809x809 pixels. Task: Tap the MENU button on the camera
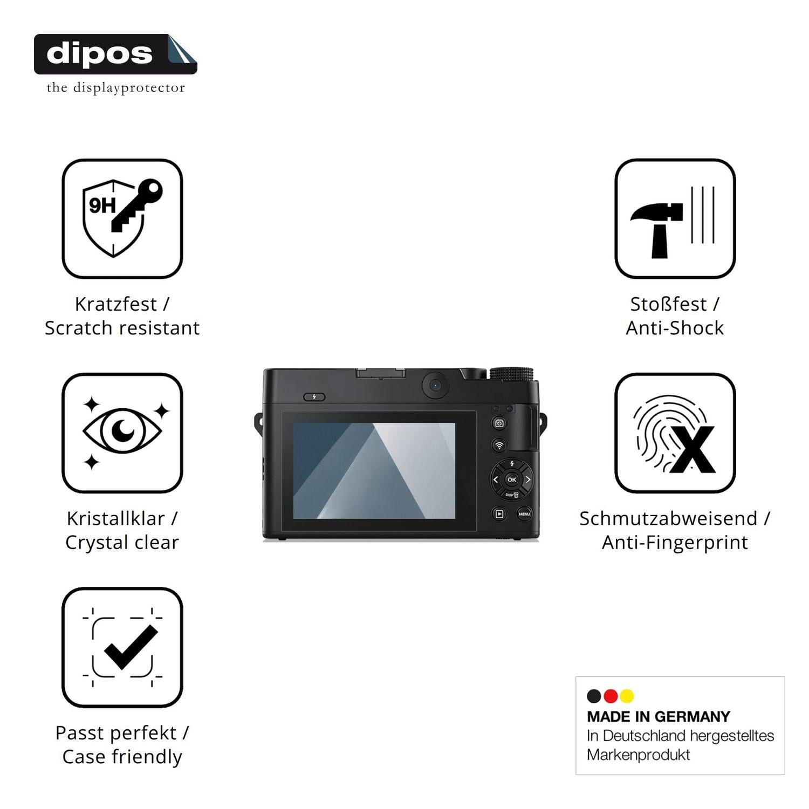coord(524,514)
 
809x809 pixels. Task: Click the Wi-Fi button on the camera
coord(499,445)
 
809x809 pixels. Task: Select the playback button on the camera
coord(499,514)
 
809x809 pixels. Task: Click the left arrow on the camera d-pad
coord(496,479)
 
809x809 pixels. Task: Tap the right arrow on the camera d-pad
coord(528,479)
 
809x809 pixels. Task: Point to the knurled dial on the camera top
coord(511,374)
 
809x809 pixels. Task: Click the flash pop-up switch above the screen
coord(314,397)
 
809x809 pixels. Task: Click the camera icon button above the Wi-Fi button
coord(499,423)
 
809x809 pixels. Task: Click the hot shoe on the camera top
coord(380,373)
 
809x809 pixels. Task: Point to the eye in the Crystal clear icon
coord(122,430)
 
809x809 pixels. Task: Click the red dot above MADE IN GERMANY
coord(611,696)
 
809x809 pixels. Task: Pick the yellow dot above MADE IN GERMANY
coord(627,696)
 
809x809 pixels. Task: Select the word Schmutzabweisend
coord(668,518)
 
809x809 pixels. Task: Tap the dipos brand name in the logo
coord(100,54)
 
